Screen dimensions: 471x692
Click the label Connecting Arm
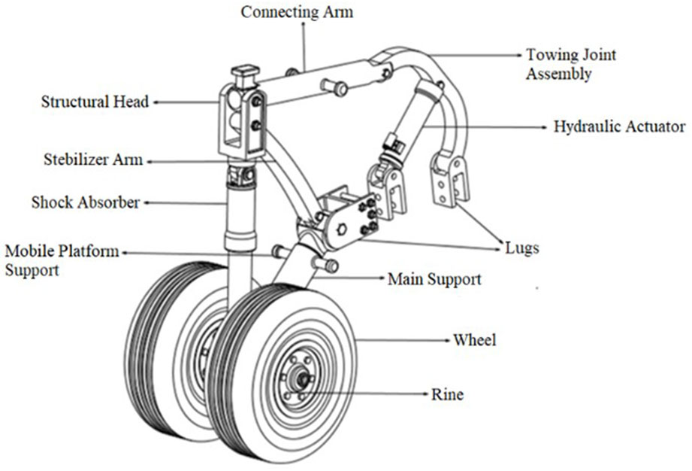[296, 13]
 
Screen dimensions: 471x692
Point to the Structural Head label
[95, 101]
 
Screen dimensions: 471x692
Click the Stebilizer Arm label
[92, 160]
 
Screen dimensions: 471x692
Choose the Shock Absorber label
[86, 202]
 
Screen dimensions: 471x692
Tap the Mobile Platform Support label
[62, 260]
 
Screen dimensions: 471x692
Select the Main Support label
[434, 280]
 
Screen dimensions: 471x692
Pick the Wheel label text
[474, 340]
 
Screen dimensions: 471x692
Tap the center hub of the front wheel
[303, 380]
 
